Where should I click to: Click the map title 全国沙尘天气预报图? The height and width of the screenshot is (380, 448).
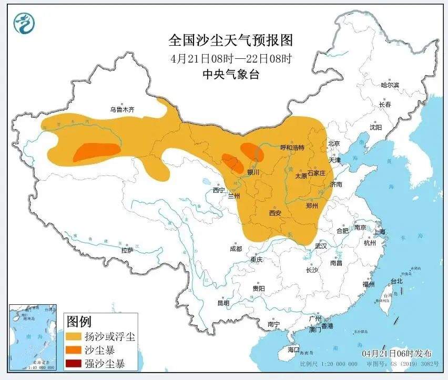[x=230, y=40]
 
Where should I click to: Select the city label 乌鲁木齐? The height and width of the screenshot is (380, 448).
[x=122, y=109]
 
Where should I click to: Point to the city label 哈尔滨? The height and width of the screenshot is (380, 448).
[x=390, y=85]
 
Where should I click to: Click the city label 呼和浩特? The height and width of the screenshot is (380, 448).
[x=292, y=148]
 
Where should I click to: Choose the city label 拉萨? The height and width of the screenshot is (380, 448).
[x=127, y=251]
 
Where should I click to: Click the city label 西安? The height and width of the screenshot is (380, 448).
[x=275, y=213]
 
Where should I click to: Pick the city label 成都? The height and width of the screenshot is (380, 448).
[x=236, y=249]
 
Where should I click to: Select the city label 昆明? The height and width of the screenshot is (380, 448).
[x=223, y=303]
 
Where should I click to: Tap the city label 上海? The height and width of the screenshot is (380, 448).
[x=379, y=232]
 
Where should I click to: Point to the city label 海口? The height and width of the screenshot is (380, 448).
[x=293, y=350]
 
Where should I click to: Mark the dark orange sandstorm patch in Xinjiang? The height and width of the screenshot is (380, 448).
[x=95, y=151]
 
